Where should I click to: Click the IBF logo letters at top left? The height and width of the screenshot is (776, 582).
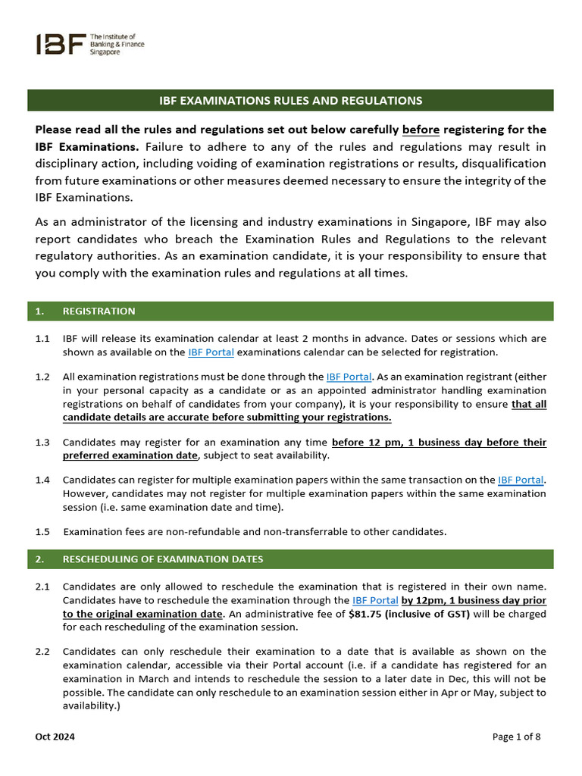coord(60,44)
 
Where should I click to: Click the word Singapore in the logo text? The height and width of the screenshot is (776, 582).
coord(107,52)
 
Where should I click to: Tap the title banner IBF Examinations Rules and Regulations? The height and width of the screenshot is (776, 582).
coord(290,100)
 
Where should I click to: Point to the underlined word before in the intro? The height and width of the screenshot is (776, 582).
coord(420,130)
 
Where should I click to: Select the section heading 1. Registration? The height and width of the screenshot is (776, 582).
coord(99,311)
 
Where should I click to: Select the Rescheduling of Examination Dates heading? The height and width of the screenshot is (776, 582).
coord(162,559)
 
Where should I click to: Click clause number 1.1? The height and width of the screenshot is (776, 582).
coord(42,339)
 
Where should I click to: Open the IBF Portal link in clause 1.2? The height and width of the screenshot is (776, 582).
coord(349,377)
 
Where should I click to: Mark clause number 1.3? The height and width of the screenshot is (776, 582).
coord(42,442)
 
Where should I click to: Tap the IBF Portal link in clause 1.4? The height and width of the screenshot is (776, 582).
coord(520,480)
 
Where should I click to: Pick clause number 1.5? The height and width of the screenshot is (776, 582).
coord(42,531)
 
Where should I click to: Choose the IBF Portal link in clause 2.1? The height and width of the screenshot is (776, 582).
coord(375,600)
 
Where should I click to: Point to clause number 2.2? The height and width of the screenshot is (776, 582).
coord(42,652)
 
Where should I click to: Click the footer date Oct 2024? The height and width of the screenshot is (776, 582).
coord(55,737)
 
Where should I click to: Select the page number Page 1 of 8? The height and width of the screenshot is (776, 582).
coord(517,737)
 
